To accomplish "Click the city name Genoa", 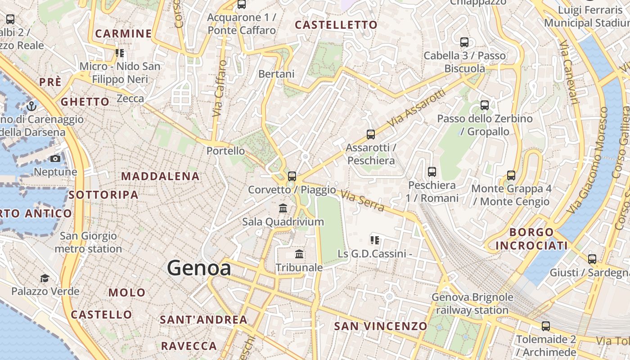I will point(199,268).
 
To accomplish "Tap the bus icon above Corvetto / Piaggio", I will point(292,176).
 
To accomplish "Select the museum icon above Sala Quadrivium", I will point(283,208).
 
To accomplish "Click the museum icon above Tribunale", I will point(299,254).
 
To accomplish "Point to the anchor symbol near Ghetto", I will point(31,107).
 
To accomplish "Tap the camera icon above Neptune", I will point(55,159).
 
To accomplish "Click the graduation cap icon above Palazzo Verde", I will point(45,278).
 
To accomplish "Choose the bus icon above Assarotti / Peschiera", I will point(371,134).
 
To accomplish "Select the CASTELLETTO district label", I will point(336,25).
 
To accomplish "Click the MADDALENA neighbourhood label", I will point(160,176).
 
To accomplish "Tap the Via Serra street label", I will point(363,201).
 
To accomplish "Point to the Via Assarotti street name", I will point(416,108).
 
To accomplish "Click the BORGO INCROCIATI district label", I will point(531,239).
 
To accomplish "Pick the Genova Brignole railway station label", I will point(472,304).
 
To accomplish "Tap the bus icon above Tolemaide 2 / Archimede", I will point(546,326).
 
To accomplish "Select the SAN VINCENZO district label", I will point(381,326).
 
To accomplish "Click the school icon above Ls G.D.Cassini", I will point(374,240).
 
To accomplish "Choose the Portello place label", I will point(225,151).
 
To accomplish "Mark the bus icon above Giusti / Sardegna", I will point(592,259).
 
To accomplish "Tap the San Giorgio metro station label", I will point(88,242).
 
